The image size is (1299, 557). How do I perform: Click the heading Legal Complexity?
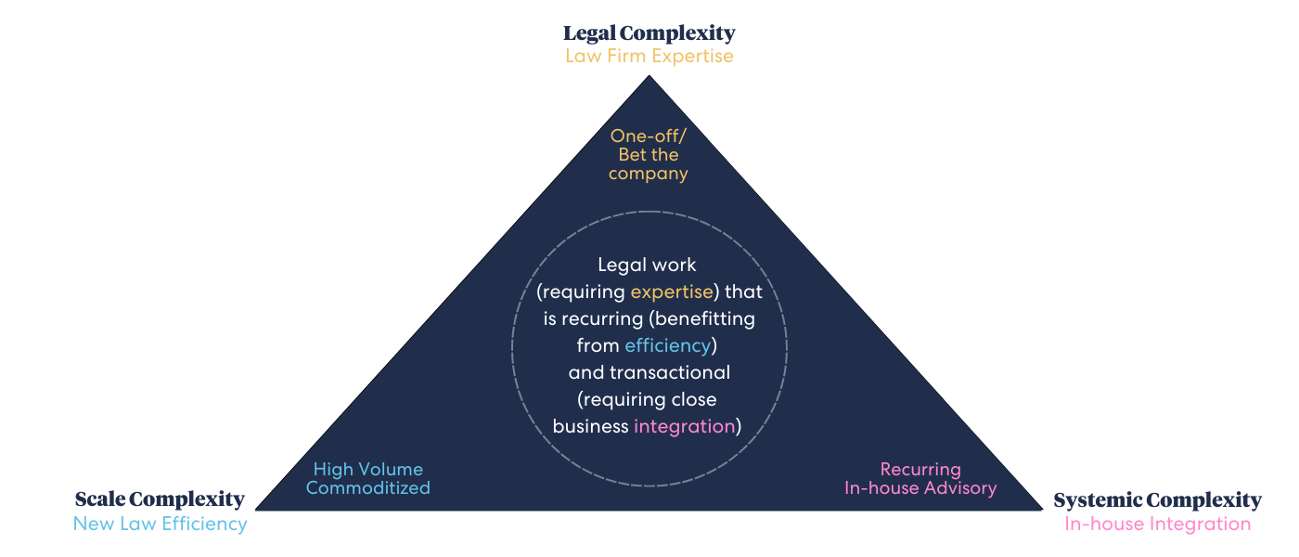(649, 33)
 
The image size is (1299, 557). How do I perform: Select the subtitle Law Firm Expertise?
(649, 56)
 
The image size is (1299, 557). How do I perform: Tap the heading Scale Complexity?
(160, 499)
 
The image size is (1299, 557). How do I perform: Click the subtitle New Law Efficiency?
(160, 524)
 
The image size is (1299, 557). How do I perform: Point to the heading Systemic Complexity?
(1157, 500)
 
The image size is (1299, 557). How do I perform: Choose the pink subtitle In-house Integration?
(1157, 524)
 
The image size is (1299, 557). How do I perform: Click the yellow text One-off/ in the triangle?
(649, 136)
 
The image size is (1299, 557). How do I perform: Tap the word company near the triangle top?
(649, 174)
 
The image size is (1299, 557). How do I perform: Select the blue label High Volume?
(368, 469)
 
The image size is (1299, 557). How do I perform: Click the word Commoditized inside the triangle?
(368, 487)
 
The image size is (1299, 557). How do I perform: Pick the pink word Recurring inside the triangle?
(920, 469)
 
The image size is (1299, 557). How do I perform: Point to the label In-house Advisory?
(920, 487)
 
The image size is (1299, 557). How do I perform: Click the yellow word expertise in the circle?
(673, 291)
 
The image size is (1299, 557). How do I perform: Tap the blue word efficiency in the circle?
(667, 345)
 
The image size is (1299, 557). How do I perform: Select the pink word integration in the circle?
(684, 426)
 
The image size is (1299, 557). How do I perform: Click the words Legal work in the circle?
(648, 265)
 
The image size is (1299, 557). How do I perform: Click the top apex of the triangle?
(649, 77)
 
